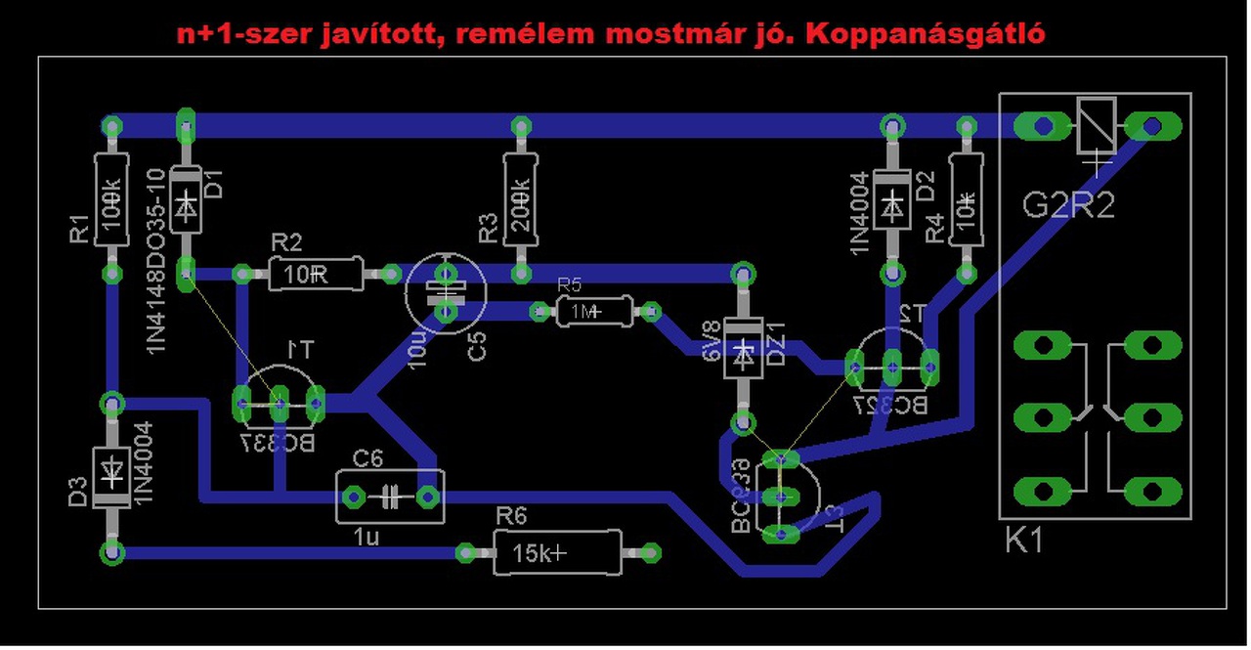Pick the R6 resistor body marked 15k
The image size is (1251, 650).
[557, 553]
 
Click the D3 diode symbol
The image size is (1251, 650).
[112, 477]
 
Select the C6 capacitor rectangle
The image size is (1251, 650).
[389, 498]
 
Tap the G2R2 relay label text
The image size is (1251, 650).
[1068, 206]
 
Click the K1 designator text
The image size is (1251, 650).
[1024, 541]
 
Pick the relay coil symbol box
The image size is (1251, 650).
[1097, 125]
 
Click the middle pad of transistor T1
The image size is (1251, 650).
[279, 401]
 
